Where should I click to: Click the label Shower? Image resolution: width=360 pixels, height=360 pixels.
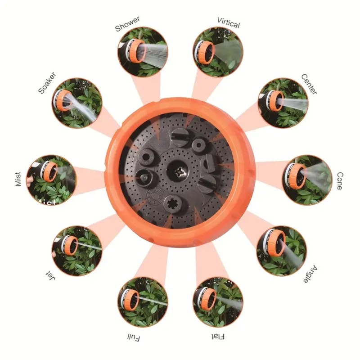pos(127,24)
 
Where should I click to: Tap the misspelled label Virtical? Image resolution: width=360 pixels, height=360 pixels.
pos(229,22)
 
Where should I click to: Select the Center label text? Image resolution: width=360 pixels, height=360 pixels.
pos(309,84)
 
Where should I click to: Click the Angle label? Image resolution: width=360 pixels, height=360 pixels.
pos(310,274)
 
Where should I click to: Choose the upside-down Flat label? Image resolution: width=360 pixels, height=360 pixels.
pos(217,336)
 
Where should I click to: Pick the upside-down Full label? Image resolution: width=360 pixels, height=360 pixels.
pos(134,337)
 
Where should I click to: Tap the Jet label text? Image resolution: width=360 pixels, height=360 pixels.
pos(50,275)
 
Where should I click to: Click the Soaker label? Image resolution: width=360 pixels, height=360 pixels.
pos(47,83)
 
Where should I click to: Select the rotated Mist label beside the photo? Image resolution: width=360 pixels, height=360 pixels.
pos(18,179)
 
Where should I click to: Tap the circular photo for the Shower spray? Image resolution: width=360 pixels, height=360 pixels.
pos(143,51)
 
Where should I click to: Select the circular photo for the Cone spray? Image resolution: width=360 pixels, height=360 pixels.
pos(307,180)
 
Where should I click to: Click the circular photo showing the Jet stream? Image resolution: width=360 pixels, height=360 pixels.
pos(77,250)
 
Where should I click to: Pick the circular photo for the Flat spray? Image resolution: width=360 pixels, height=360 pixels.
pos(218,301)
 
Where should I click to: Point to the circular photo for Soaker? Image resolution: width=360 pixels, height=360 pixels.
pos(77,103)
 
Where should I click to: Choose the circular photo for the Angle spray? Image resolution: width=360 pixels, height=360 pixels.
pos(282,251)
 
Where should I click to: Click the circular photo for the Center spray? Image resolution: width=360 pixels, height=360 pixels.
pos(283,103)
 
